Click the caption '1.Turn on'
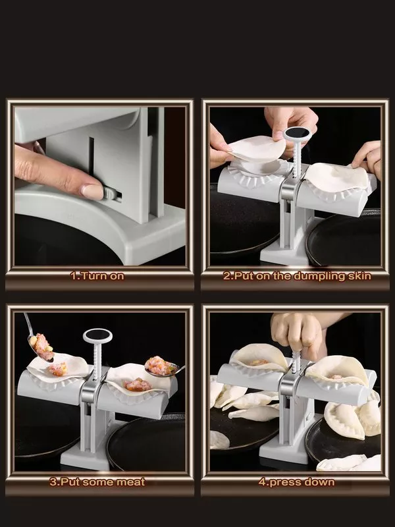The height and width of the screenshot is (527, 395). point(97,276)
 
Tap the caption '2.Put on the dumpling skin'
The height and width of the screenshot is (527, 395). point(296,276)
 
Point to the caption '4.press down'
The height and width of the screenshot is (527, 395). point(296,482)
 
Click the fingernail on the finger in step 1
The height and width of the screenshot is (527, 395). point(93,192)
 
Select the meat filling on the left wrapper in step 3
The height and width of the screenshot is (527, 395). point(58,368)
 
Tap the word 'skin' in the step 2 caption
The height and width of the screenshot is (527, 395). point(356,276)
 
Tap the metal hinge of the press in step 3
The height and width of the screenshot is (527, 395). point(90,393)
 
